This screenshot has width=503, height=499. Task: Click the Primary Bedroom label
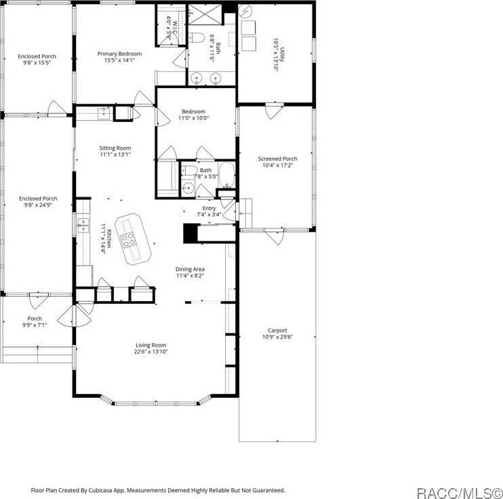point(119,54)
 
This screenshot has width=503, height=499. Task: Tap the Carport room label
point(277,331)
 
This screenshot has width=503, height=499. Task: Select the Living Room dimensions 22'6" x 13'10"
point(150,352)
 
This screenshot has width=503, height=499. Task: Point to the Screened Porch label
point(277,159)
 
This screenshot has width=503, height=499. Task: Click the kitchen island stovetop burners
point(127,240)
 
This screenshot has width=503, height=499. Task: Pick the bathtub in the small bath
point(227,175)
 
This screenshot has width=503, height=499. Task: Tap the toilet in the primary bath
point(197,37)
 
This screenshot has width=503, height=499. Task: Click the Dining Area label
point(190,269)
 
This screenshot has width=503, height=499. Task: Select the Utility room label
point(282,55)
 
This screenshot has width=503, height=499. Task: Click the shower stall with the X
point(205,14)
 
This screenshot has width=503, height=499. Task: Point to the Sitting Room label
point(115,148)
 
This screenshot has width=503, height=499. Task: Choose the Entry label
point(209,209)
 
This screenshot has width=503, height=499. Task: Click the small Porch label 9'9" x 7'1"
point(35,322)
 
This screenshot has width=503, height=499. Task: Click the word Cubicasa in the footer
point(102,490)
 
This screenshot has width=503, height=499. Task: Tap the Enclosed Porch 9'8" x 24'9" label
point(38,202)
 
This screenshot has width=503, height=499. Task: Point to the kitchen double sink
point(83,224)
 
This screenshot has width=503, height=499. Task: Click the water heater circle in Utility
point(245,12)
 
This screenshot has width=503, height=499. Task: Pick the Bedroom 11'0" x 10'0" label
point(193,115)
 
